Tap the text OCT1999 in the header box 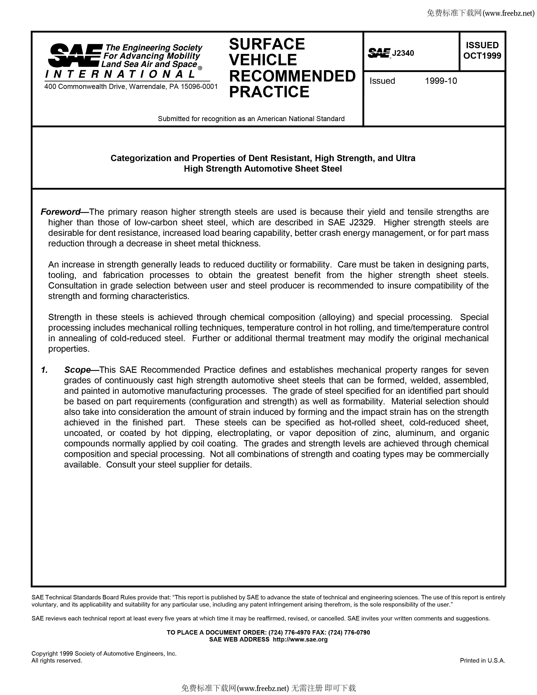tap(482, 56)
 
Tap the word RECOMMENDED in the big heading tap(292, 76)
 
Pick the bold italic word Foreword tap(60, 212)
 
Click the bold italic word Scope tap(77, 370)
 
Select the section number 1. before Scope tap(44, 370)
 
